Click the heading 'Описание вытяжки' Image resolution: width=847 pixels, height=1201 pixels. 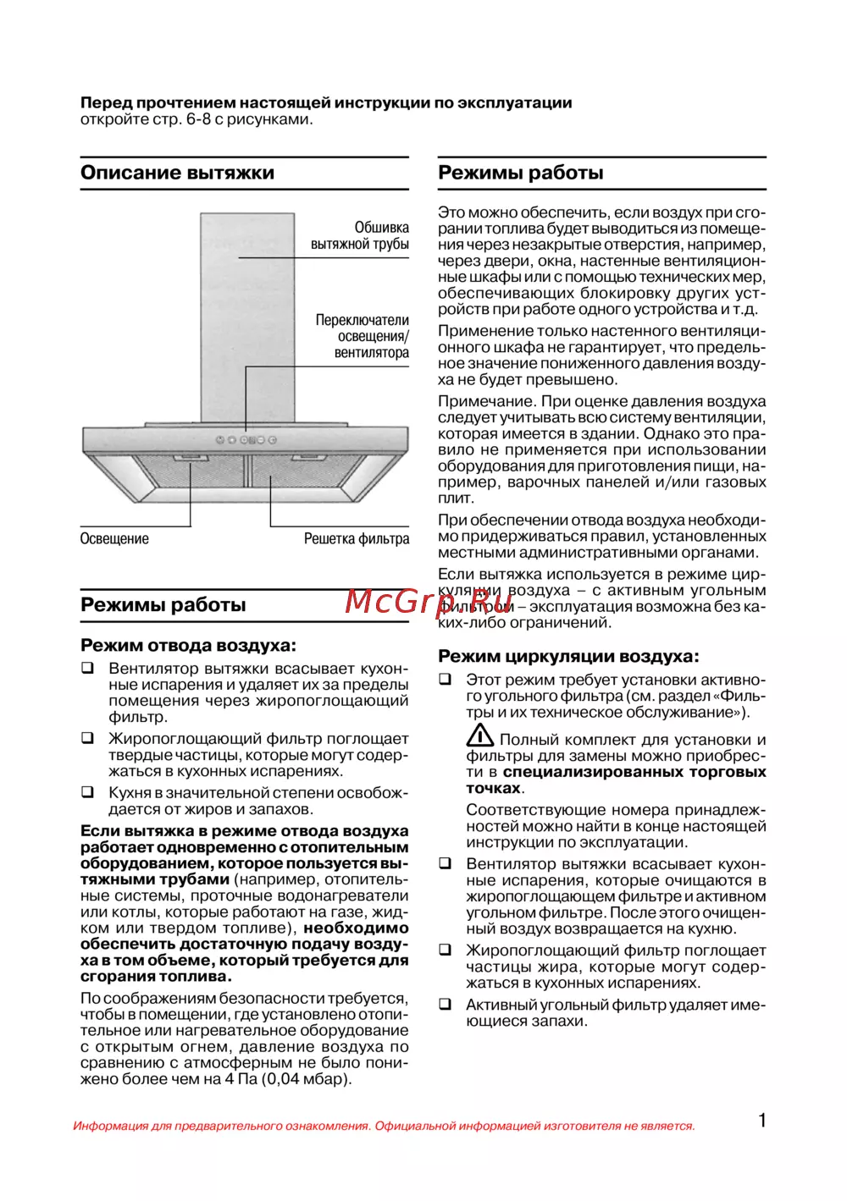pyautogui.click(x=177, y=173)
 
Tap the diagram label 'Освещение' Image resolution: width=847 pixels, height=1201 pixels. pyautogui.click(x=114, y=539)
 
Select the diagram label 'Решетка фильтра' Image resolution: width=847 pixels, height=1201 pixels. pyautogui.click(x=357, y=539)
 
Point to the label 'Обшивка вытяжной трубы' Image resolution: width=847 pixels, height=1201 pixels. pyautogui.click(x=360, y=236)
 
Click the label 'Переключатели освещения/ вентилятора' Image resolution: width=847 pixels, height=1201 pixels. pyautogui.click(x=363, y=336)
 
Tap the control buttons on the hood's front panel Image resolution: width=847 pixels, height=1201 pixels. pyautogui.click(x=246, y=440)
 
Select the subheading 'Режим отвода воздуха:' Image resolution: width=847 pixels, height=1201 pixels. pyautogui.click(x=188, y=646)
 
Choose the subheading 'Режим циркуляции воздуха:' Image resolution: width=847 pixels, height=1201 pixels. pyautogui.click(x=568, y=656)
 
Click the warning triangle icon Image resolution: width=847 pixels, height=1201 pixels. pyautogui.click(x=480, y=735)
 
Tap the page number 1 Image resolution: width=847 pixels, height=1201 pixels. pyautogui.click(x=762, y=1121)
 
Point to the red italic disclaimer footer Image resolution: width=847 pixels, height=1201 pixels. pyautogui.click(x=384, y=1126)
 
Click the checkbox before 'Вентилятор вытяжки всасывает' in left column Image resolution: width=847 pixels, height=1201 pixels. pyautogui.click(x=87, y=669)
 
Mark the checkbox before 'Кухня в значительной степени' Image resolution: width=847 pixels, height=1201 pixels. pyautogui.click(x=87, y=793)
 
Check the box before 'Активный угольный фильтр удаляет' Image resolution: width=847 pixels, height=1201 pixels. pyautogui.click(x=445, y=1005)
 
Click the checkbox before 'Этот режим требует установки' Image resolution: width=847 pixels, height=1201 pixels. pyautogui.click(x=445, y=680)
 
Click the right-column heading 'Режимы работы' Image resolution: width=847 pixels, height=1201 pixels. pyautogui.click(x=520, y=173)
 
